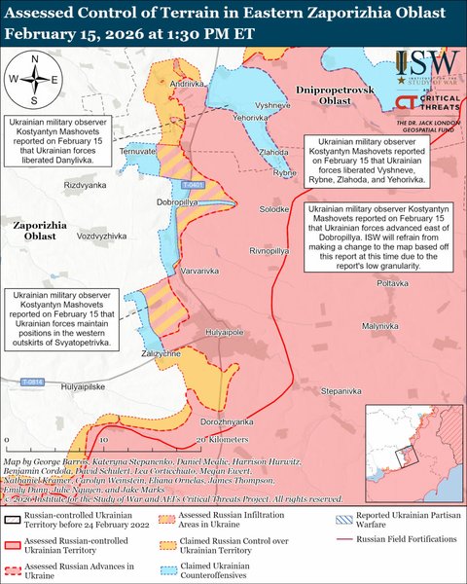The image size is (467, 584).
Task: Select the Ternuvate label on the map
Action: click(x=136, y=153)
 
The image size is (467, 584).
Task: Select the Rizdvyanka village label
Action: click(x=60, y=185)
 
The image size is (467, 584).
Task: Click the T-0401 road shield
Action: click(x=193, y=184)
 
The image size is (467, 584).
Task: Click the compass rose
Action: click(x=33, y=80)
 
